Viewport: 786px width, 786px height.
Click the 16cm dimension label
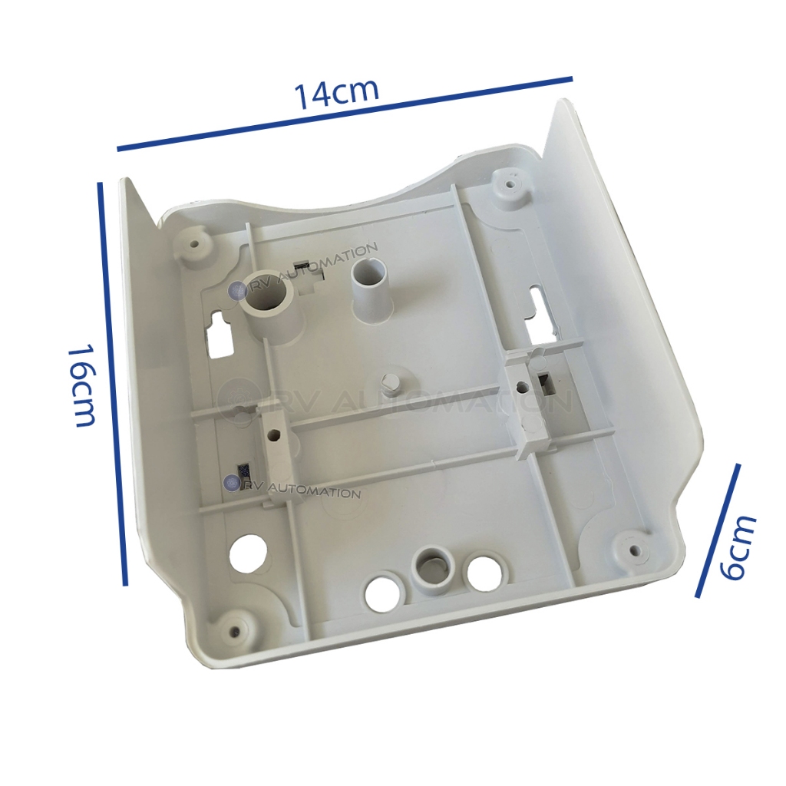click(x=81, y=385)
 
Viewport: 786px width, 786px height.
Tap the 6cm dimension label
click(x=738, y=547)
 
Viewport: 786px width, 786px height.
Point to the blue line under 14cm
click(x=345, y=114)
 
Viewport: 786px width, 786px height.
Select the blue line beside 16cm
click(x=113, y=384)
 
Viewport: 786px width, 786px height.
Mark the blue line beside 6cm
click(x=718, y=531)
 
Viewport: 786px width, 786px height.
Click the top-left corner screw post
click(x=194, y=246)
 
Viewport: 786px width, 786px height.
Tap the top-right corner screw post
click(x=510, y=184)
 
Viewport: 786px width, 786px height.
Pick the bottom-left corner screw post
click(x=235, y=628)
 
